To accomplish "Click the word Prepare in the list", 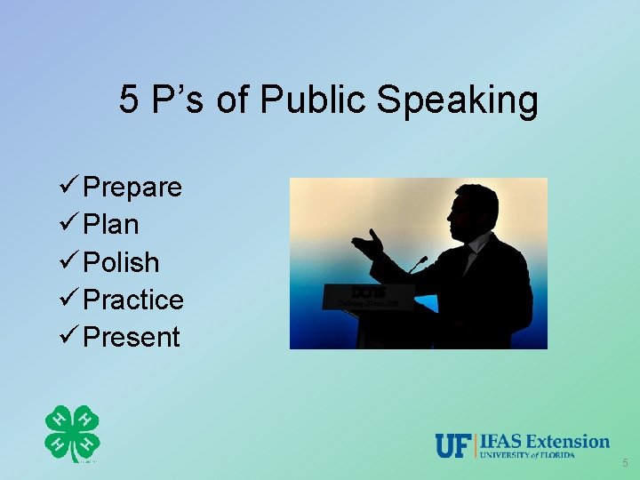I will pyautogui.click(x=132, y=188).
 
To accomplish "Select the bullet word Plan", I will pyautogui.click(x=110, y=225).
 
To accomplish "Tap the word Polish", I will pyautogui.click(x=121, y=262).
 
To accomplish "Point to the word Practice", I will pyautogui.click(x=133, y=300).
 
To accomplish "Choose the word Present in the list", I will pyautogui.click(x=131, y=337).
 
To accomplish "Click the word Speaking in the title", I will pyautogui.click(x=458, y=100).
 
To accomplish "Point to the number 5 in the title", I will pyautogui.click(x=129, y=100).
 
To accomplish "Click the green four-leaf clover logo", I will pyautogui.click(x=72, y=434).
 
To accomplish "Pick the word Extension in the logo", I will pyautogui.click(x=568, y=441).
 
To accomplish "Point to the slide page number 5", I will pyautogui.click(x=625, y=463).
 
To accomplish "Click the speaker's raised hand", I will pyautogui.click(x=369, y=243).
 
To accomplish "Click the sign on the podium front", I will pyautogui.click(x=369, y=296).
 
